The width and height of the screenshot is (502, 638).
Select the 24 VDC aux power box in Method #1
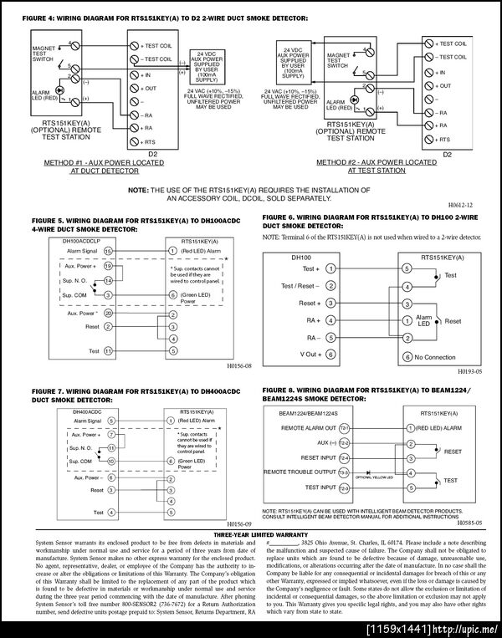tap(207, 64)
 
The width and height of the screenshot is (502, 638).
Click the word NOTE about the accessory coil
tap(137, 190)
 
